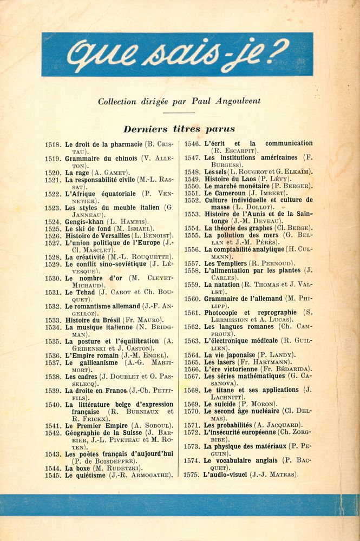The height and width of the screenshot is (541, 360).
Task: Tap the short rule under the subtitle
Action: click(x=179, y=113)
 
